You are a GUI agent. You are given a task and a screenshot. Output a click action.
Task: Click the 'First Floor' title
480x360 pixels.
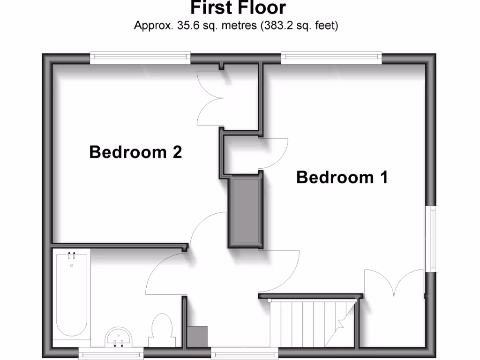click(x=238, y=8)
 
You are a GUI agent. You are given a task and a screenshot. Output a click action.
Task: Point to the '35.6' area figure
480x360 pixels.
click(x=187, y=25)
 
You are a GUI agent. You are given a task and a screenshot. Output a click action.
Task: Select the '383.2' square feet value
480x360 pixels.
click(x=276, y=25)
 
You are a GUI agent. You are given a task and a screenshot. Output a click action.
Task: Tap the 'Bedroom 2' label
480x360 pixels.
click(x=135, y=152)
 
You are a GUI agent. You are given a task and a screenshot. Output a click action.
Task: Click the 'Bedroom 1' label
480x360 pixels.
click(x=342, y=178)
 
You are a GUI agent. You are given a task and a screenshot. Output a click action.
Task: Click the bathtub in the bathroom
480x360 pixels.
click(x=72, y=295)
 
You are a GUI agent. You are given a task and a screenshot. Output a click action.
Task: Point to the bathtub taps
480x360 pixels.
click(x=72, y=256)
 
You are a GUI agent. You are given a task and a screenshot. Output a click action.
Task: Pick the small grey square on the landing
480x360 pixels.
click(x=197, y=336)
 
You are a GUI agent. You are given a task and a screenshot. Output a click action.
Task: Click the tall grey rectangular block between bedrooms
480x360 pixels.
click(x=245, y=210)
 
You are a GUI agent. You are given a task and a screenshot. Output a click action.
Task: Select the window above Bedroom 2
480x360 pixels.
click(x=140, y=58)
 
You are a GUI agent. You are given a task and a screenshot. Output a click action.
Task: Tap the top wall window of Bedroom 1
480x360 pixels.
click(x=331, y=58)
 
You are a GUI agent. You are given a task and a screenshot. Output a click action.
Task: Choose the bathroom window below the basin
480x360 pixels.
click(x=111, y=353)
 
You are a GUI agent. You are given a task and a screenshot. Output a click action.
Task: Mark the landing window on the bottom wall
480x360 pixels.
click(x=244, y=353)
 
